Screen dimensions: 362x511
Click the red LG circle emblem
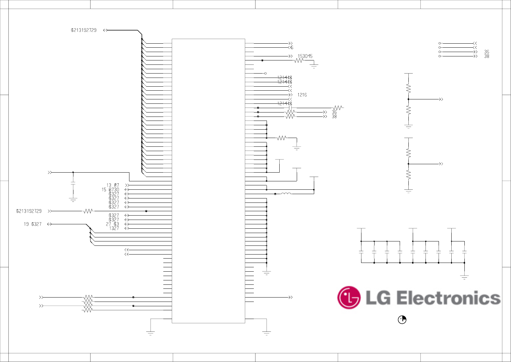click(349, 298)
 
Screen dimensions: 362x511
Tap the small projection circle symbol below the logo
click(402, 320)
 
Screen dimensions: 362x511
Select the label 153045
click(305, 56)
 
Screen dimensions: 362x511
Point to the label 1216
click(302, 95)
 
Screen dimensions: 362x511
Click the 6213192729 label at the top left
click(83, 30)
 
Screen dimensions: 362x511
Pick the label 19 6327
click(33, 224)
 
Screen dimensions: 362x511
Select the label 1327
click(114, 228)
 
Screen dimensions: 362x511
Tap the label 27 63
click(112, 224)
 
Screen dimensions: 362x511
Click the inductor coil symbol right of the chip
click(286, 194)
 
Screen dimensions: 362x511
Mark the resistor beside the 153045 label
click(298, 60)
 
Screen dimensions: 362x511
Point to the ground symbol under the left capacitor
click(73, 199)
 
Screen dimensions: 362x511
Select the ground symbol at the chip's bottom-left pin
click(150, 333)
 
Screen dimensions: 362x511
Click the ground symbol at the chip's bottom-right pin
click(267, 333)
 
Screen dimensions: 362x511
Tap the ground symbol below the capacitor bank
click(464, 277)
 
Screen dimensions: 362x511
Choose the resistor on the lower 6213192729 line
click(88, 211)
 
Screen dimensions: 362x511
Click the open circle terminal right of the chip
click(265, 73)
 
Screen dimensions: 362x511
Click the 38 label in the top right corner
click(487, 56)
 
